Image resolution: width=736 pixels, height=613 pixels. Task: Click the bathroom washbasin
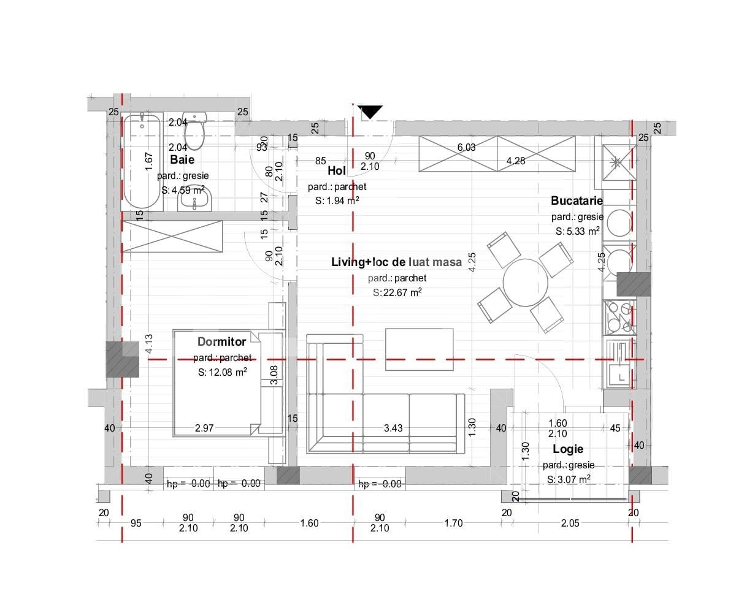pyautogui.click(x=195, y=199)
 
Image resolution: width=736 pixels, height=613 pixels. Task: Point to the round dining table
pyautogui.click(x=525, y=283)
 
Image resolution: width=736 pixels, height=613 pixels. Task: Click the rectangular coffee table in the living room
pyautogui.click(x=419, y=349)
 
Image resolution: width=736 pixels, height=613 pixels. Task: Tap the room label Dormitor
pyautogui.click(x=221, y=341)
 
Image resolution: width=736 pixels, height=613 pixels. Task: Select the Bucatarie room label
pyautogui.click(x=577, y=200)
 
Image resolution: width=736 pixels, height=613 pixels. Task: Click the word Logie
pyautogui.click(x=568, y=449)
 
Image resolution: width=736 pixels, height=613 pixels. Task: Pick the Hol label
pyautogui.click(x=337, y=171)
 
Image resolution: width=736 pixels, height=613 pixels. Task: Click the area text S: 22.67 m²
pyautogui.click(x=397, y=292)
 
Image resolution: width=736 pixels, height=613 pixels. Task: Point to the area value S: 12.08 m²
pyautogui.click(x=222, y=372)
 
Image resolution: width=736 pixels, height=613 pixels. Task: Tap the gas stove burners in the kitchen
pyautogui.click(x=619, y=317)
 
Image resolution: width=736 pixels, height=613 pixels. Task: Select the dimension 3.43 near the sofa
pyautogui.click(x=393, y=428)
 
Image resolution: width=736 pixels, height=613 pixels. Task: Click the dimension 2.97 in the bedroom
pyautogui.click(x=204, y=428)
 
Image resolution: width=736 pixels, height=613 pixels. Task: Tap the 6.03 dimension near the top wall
pyautogui.click(x=466, y=147)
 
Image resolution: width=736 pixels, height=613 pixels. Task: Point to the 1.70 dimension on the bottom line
pyautogui.click(x=453, y=523)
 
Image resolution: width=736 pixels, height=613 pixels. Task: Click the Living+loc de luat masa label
pyautogui.click(x=397, y=262)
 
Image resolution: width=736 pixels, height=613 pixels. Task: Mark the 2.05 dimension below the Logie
pyautogui.click(x=570, y=523)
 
